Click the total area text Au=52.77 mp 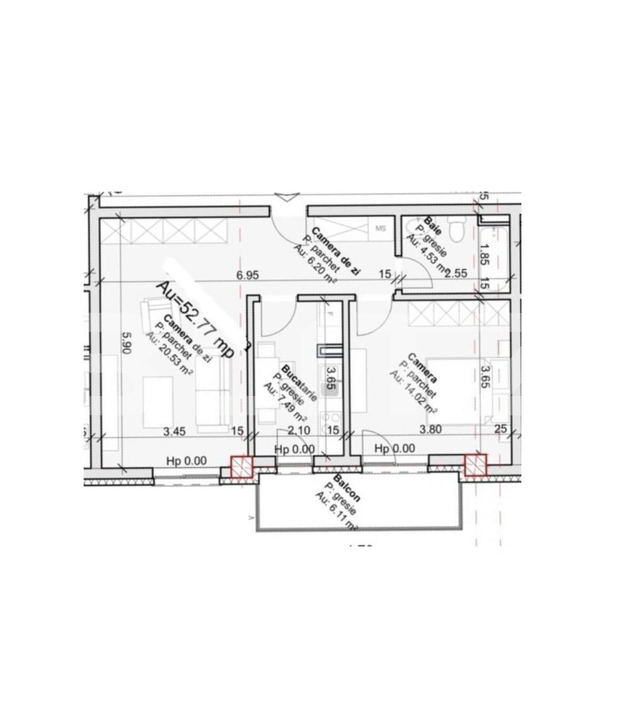(195, 319)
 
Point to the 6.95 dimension (248, 275)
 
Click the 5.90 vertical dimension (126, 344)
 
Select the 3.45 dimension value (174, 431)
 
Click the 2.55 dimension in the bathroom (456, 273)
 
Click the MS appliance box (381, 228)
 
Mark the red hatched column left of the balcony (241, 467)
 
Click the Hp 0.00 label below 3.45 (187, 461)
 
